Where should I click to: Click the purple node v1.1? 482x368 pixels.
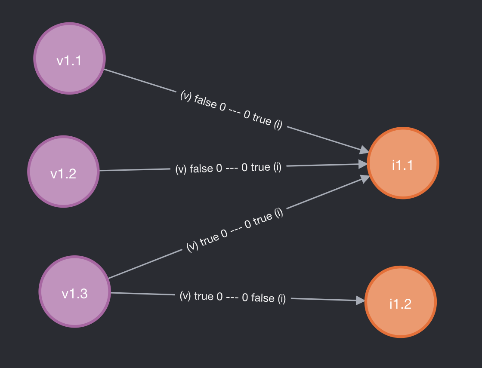point(69,58)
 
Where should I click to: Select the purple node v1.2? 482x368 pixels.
point(63,172)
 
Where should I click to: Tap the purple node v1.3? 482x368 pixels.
point(75,291)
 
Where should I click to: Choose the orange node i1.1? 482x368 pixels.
point(403,163)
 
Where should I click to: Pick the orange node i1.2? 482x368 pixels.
point(401,302)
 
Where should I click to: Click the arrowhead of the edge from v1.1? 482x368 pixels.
point(364,150)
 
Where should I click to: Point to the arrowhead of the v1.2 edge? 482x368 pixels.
point(364,164)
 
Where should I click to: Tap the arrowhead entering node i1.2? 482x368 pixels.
point(360,301)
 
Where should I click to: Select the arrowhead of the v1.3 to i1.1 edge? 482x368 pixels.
point(365,178)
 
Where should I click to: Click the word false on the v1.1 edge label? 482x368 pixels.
point(206,102)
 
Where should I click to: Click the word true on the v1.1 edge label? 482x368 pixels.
point(262,119)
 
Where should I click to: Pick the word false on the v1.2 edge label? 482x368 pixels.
point(201,169)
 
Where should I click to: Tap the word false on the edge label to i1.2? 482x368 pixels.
point(263,297)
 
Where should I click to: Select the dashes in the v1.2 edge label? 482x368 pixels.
point(232,168)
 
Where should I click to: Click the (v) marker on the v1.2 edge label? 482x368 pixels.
point(181,169)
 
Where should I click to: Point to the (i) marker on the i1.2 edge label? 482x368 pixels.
point(281,298)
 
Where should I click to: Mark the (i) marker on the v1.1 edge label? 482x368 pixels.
point(278,125)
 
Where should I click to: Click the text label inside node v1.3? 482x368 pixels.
point(75,294)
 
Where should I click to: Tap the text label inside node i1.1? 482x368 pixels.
point(403,165)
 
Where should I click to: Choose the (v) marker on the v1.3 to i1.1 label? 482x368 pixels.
point(192,246)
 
